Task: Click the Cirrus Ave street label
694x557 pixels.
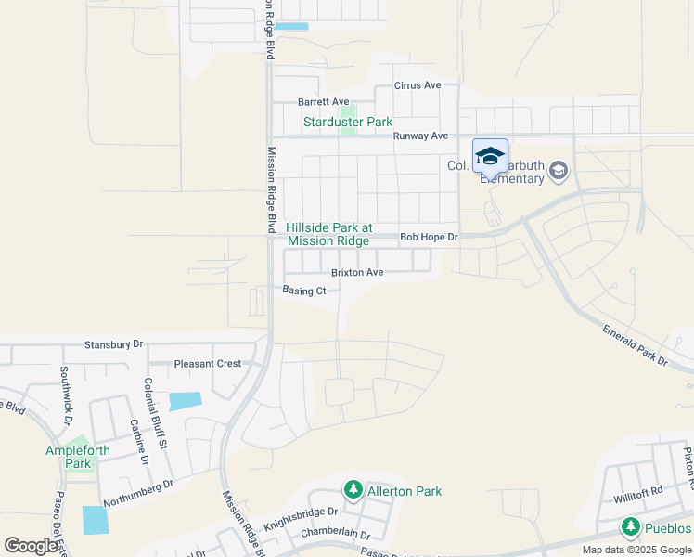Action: pos(417,85)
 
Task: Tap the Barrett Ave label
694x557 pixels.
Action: pos(323,102)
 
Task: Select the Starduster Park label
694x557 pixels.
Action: pos(348,122)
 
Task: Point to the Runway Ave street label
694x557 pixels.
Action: pos(419,136)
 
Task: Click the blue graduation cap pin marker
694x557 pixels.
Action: pos(490,157)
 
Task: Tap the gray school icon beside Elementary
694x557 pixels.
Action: pos(559,171)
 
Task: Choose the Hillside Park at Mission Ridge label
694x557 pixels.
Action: pos(328,234)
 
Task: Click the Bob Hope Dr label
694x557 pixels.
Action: pos(429,238)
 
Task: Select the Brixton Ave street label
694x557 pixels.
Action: pos(357,273)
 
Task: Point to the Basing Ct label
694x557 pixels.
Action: pos(304,291)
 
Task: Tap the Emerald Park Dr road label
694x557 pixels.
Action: pos(635,344)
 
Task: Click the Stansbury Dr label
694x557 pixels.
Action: pos(114,343)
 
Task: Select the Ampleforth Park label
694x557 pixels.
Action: pos(78,457)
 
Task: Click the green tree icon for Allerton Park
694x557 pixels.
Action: pos(353,489)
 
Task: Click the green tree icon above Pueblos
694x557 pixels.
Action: pos(631,528)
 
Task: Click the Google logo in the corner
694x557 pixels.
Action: pos(31,546)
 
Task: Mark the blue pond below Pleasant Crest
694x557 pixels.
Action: pos(186,401)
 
